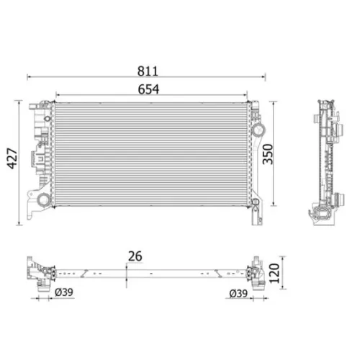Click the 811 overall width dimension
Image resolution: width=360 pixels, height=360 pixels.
[148, 71]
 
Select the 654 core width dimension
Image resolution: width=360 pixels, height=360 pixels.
[148, 89]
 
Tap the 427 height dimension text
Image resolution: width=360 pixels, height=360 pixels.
[12, 158]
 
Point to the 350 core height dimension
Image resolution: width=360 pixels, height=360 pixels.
[268, 154]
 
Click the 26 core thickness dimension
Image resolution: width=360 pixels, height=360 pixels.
[135, 256]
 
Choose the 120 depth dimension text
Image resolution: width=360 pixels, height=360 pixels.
[274, 274]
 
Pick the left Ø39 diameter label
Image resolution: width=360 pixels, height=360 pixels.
[64, 292]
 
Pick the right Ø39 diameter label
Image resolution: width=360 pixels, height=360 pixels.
[238, 293]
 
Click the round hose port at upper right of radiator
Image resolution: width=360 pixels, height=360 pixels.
[258, 130]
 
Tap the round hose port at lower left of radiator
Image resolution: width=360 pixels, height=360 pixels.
[44, 199]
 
